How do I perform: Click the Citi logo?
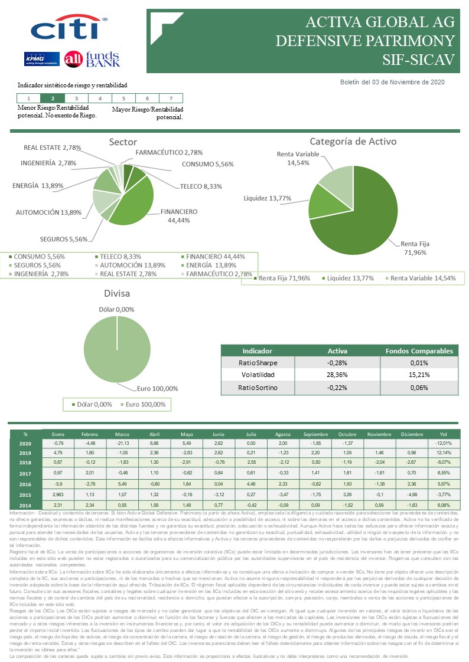coord(69,28)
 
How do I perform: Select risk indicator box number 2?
coord(53,99)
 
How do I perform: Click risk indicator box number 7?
coord(171,99)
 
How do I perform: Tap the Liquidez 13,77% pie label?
coord(267,198)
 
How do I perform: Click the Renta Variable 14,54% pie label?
coord(299,159)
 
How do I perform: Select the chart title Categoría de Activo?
coord(353,142)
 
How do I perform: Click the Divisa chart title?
coord(117,293)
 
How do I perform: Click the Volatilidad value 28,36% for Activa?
coord(337,375)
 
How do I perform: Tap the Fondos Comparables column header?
coord(418,350)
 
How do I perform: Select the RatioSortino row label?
coord(258,387)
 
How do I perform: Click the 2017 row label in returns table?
coord(25,473)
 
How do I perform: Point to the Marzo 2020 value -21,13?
coord(123,443)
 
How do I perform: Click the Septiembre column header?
coord(315,434)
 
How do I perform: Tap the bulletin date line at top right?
coord(392,83)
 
